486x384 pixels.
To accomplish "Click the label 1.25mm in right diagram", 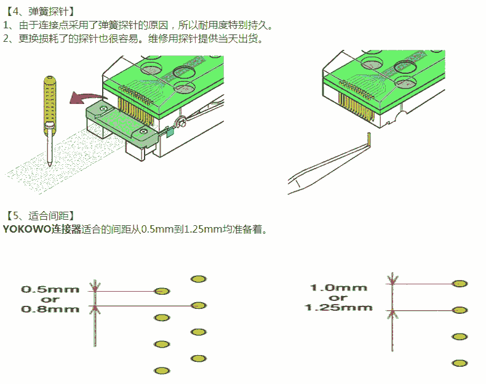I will tap(338, 307).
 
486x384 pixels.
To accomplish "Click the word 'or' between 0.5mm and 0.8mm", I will tap(50, 299).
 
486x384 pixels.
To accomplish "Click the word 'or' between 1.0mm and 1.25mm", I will tap(338, 298).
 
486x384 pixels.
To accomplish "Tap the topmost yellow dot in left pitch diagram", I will tap(198, 279).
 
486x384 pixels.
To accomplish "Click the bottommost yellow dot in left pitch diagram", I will tap(162, 370).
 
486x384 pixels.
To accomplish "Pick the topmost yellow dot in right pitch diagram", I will tap(458, 284).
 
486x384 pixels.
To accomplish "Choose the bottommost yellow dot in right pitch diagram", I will tap(458, 363).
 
